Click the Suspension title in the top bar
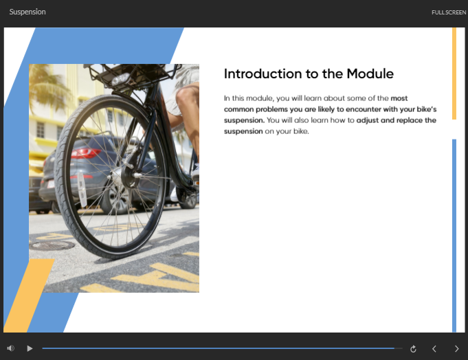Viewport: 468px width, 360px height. click(x=27, y=12)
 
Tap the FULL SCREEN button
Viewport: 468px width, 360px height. click(x=449, y=12)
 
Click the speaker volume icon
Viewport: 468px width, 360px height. click(x=11, y=348)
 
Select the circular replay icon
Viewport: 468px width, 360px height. click(x=413, y=349)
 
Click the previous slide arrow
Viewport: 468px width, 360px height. click(x=434, y=349)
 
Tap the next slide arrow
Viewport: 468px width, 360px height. click(x=456, y=349)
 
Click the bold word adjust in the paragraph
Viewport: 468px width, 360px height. click(x=368, y=120)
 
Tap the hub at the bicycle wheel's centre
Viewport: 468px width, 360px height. click(x=131, y=177)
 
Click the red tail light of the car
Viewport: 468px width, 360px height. click(x=85, y=154)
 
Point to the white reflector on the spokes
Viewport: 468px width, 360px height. click(x=82, y=189)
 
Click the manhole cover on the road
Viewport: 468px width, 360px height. click(x=52, y=246)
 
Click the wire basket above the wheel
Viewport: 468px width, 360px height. click(x=131, y=76)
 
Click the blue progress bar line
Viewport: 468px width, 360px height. click(x=218, y=348)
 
